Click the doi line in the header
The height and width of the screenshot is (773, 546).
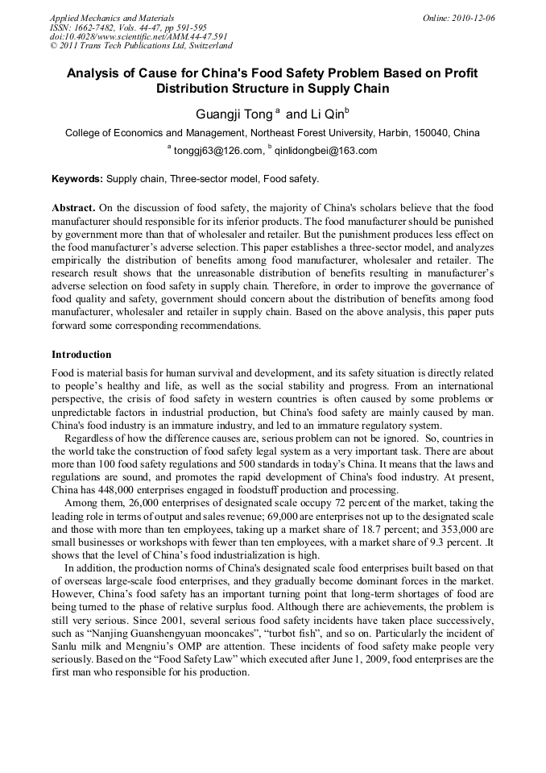139,36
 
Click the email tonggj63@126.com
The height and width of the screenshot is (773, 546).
218,151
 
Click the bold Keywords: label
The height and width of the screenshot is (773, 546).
77,178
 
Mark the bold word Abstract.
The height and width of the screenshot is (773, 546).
74,206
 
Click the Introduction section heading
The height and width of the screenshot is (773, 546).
81,355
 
